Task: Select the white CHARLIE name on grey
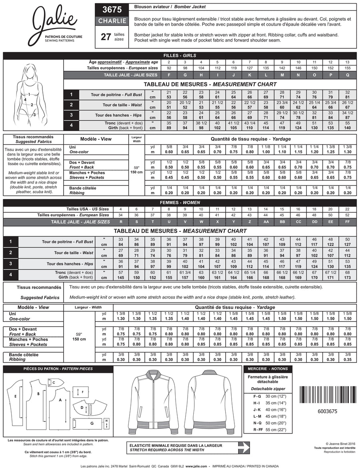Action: [x=112, y=21]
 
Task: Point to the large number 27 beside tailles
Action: [x=106, y=37]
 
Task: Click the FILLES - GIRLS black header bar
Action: [x=180, y=56]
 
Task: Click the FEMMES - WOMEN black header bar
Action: [x=180, y=203]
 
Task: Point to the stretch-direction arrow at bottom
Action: [x=188, y=447]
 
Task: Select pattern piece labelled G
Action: [x=91, y=422]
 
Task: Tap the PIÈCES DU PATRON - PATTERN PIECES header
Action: [x=58, y=369]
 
